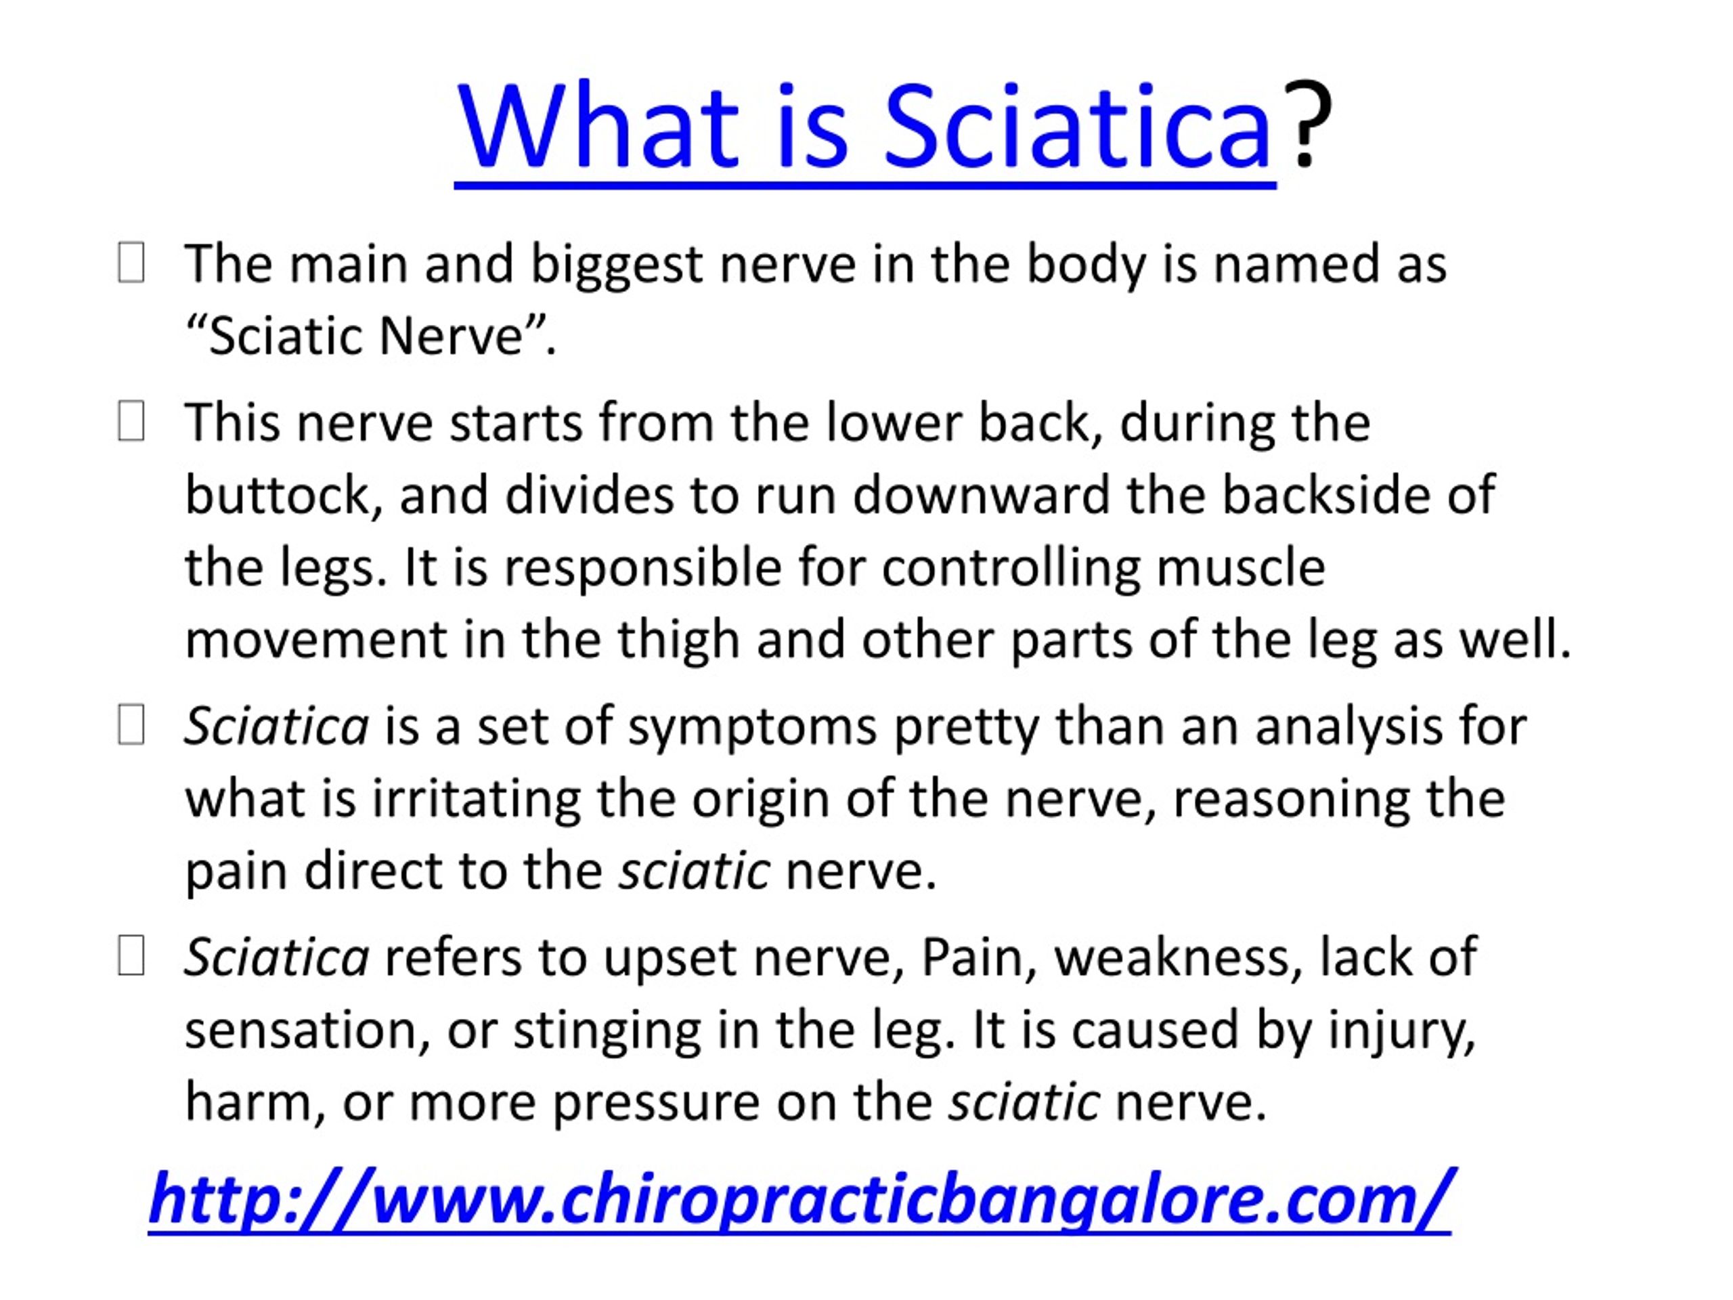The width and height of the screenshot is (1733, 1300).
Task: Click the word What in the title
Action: [597, 127]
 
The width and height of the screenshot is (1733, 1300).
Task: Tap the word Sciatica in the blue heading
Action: [1077, 127]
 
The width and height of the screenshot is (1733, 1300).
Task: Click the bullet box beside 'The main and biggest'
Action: [131, 263]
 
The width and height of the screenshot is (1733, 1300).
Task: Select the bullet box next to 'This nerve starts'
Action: [131, 422]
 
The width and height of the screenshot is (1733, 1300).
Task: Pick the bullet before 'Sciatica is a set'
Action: [131, 725]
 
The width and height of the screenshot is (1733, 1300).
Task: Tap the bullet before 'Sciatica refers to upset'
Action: [131, 956]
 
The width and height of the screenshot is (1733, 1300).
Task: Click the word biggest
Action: [617, 265]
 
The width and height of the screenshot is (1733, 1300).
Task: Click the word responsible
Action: [642, 569]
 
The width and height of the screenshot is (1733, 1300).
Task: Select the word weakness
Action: [1179, 957]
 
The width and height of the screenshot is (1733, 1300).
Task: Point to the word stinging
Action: [607, 1032]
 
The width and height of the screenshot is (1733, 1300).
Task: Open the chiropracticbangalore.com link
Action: [799, 1200]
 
